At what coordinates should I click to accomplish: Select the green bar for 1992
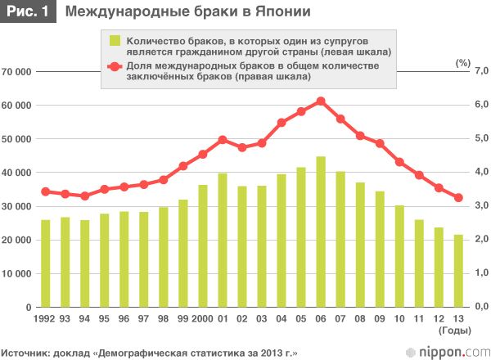[x=45, y=263]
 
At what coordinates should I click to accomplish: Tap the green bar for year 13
[x=458, y=270]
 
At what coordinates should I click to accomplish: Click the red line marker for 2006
[x=321, y=101]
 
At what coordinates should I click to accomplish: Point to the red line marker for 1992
[x=45, y=191]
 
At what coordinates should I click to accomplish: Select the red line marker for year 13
[x=458, y=197]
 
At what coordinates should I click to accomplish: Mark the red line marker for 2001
[x=223, y=140]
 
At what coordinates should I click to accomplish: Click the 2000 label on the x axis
[x=200, y=318]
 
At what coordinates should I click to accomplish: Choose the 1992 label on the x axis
[x=43, y=318]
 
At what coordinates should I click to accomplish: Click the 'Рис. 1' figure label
[x=28, y=12]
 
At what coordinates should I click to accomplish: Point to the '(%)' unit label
[x=463, y=62]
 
